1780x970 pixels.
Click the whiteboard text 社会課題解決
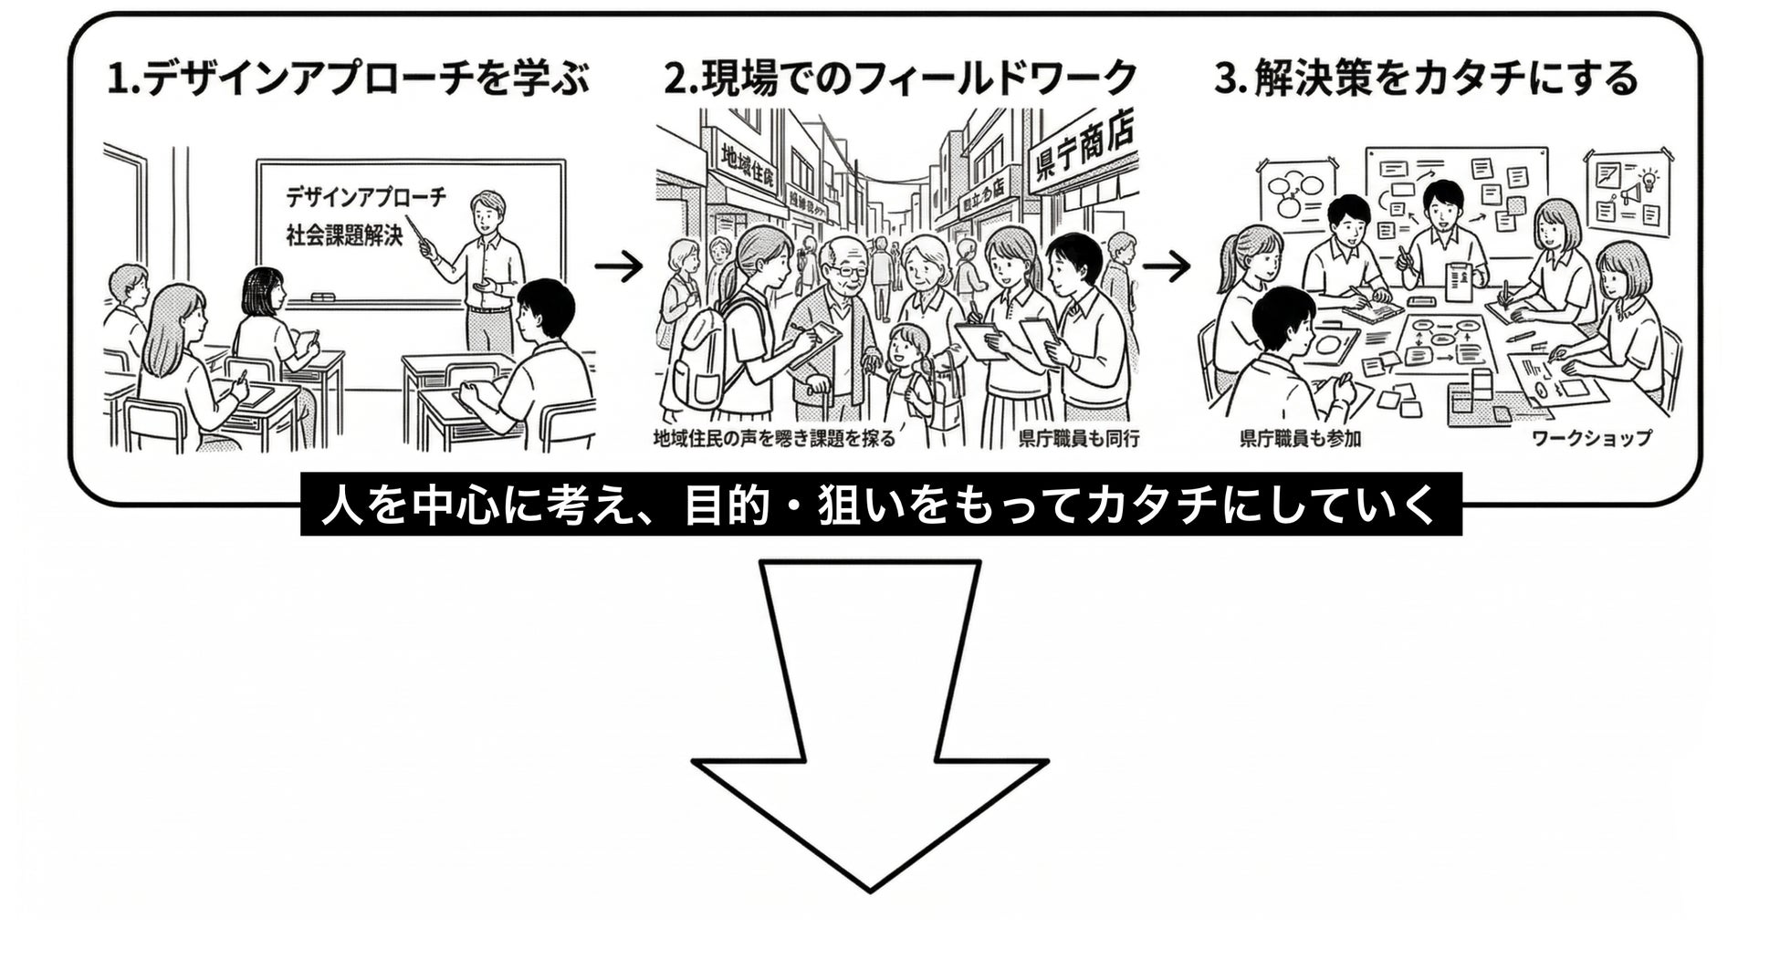[x=344, y=235]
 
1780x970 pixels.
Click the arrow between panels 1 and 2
[x=619, y=266]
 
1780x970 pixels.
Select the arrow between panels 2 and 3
[x=1166, y=266]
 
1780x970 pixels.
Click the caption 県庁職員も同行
[x=1079, y=439]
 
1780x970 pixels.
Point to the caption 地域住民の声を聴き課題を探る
[x=774, y=439]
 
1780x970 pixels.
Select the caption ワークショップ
[x=1591, y=438]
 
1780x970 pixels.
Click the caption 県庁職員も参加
[x=1300, y=439]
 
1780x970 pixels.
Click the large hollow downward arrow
[x=870, y=730]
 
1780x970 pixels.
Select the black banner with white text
[x=881, y=505]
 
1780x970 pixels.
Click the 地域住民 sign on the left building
[x=747, y=166]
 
